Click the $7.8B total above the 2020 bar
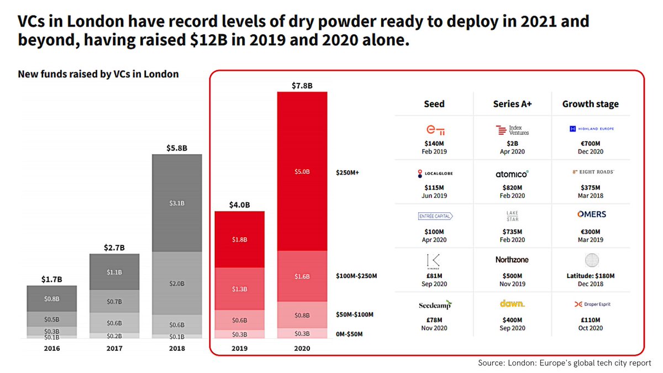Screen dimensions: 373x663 302,86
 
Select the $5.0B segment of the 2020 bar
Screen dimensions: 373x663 302,172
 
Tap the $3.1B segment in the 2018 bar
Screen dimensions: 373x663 177,203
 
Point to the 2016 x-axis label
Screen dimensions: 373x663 51,349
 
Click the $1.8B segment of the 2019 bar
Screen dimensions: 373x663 240,239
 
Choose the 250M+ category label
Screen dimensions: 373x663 348,172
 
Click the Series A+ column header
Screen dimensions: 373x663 512,104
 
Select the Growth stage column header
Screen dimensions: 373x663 590,104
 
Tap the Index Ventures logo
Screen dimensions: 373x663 512,130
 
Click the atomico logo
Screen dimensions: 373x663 512,174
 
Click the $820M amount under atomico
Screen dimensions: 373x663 512,187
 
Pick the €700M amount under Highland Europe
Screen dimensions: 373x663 591,143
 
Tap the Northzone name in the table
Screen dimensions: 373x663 512,259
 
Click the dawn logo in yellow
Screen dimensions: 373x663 512,304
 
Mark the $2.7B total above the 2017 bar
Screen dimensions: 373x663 114,248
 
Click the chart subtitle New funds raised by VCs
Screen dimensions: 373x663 98,74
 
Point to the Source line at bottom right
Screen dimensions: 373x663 564,363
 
